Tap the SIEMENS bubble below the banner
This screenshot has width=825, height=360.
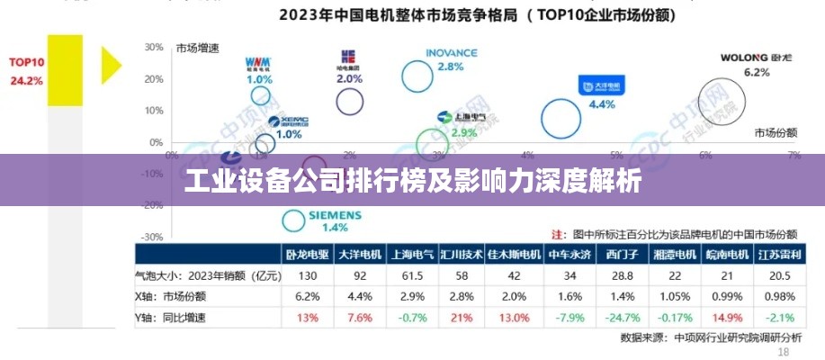294,220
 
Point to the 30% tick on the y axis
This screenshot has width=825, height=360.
153,47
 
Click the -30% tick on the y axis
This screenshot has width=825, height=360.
153,237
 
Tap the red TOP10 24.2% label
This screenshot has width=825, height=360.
26,71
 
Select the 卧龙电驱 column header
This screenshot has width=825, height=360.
308,255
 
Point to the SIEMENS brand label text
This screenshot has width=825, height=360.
335,215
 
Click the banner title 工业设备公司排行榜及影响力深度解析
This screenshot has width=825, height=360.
412,182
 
